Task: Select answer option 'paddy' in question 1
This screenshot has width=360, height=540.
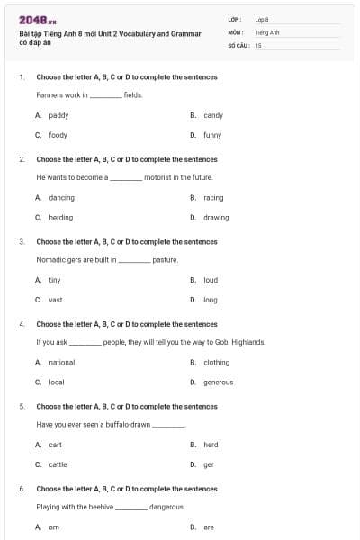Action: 58,115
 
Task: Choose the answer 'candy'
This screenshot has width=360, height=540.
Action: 213,115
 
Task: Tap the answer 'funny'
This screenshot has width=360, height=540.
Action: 212,135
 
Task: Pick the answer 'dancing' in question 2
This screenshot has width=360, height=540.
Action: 61,197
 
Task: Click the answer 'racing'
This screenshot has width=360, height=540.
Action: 213,197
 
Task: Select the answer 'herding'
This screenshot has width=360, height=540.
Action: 61,217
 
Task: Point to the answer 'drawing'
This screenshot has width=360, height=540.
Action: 216,217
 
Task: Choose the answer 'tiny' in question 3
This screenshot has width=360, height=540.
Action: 55,280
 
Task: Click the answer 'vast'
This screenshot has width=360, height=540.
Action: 56,300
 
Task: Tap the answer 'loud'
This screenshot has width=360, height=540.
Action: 211,280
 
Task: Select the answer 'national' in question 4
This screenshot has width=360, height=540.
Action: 62,362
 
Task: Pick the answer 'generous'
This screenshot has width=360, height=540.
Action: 219,382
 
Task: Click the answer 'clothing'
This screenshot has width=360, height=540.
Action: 216,362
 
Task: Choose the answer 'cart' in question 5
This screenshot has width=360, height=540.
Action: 56,445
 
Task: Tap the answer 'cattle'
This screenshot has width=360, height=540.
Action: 58,464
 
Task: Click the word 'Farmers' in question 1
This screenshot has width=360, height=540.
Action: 49,94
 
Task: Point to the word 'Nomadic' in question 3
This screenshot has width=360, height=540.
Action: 49,259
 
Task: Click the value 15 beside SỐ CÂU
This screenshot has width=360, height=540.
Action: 258,44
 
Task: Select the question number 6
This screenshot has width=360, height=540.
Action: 22,489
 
